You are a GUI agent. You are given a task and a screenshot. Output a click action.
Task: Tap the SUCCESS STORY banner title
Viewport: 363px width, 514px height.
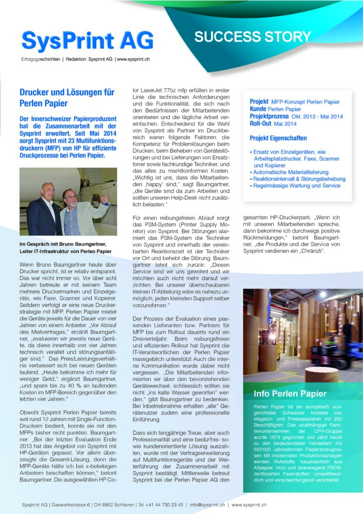pos(253,37)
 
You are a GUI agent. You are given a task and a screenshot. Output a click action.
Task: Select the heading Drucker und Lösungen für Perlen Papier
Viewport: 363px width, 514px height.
pos(67,98)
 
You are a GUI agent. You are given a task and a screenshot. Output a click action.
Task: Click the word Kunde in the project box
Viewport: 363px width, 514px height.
pos(258,109)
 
